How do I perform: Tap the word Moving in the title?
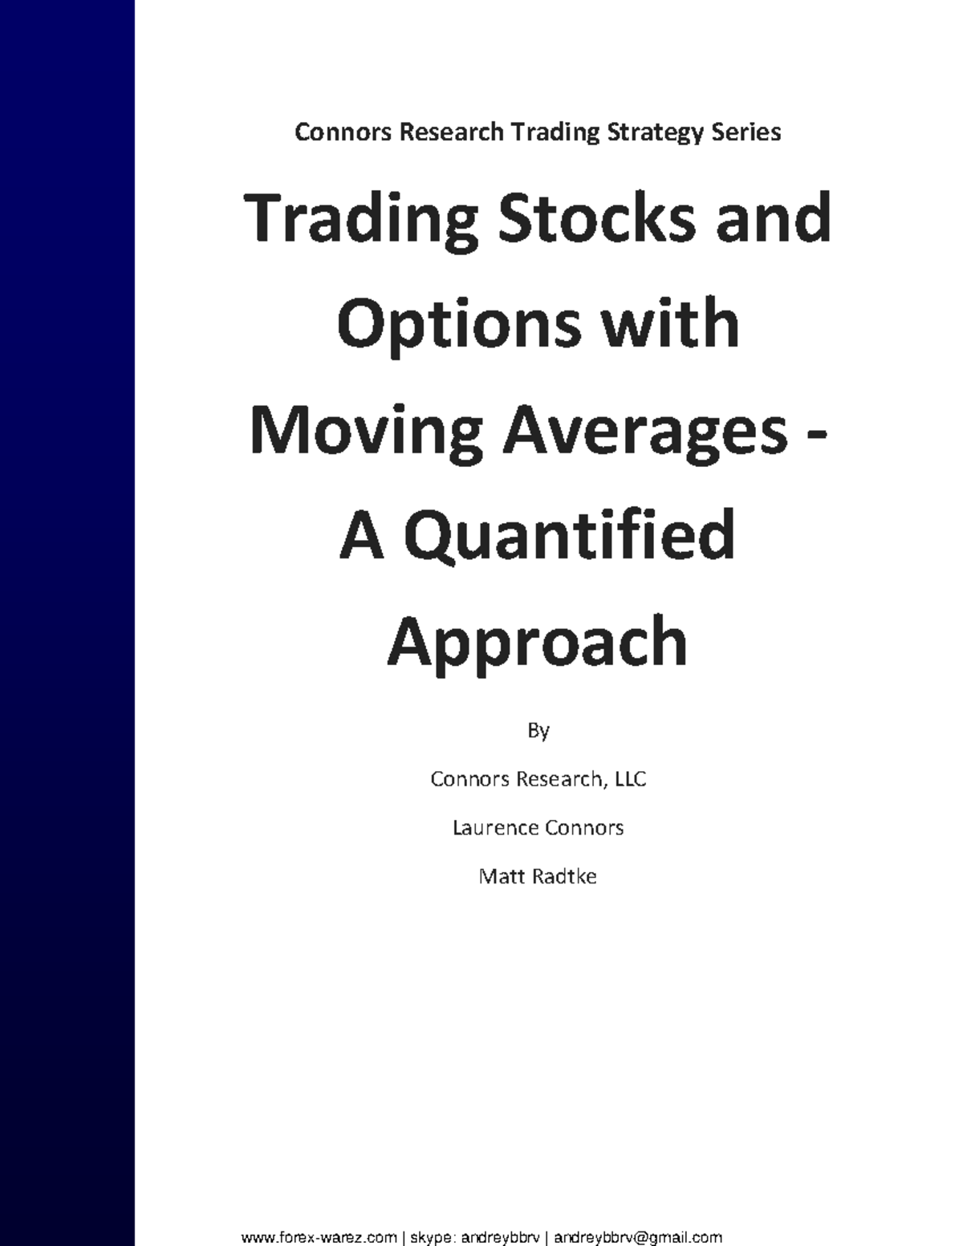tap(367, 432)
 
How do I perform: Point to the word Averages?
tap(645, 432)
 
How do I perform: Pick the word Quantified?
tap(569, 536)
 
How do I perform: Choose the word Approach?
tap(538, 642)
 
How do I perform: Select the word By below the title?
tap(538, 731)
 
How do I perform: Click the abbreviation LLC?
tap(630, 779)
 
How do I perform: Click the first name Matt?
tap(499, 876)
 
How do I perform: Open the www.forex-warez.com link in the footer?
tap(319, 1237)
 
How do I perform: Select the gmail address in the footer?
tap(638, 1237)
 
